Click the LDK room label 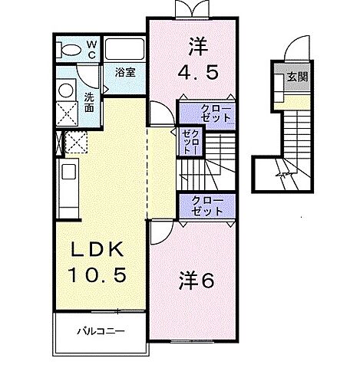97,251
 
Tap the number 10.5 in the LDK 98,273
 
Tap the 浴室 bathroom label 126,73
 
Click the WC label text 91,49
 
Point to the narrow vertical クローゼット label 188,143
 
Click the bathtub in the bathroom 125,51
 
